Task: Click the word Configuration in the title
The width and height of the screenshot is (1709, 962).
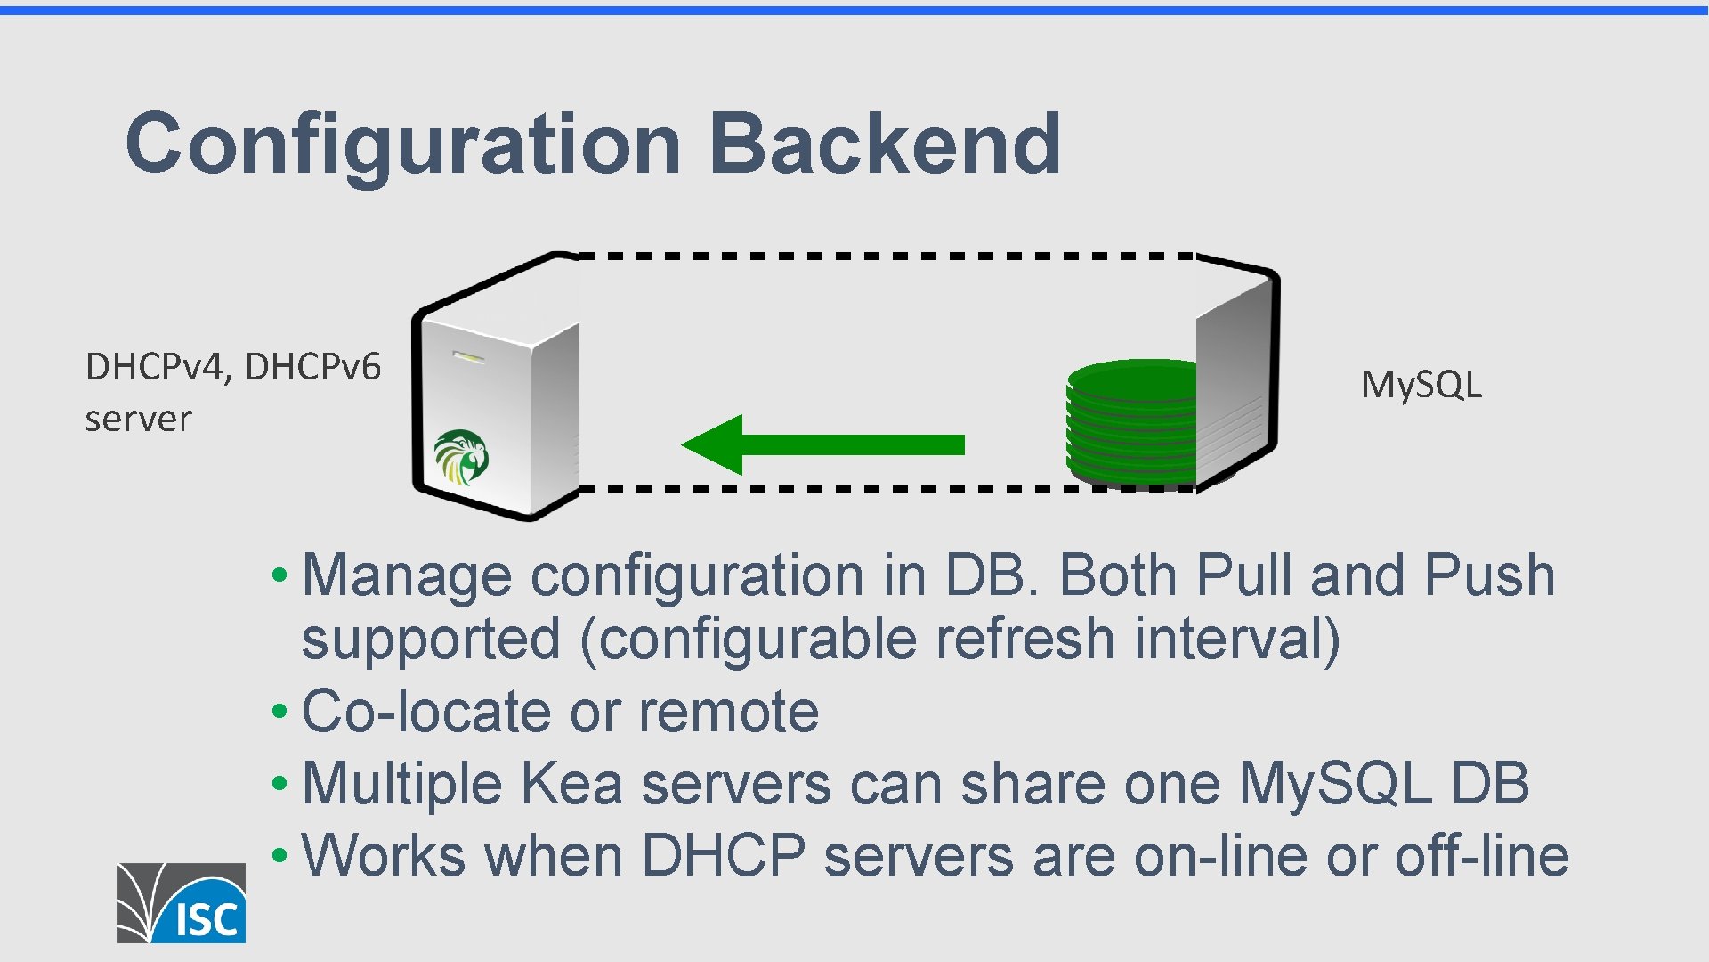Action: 403,144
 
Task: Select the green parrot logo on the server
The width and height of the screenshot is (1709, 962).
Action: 461,456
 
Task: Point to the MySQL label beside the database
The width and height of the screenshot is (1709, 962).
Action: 1421,385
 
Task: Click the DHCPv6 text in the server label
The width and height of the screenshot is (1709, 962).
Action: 312,367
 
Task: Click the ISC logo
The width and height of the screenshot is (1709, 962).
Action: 182,902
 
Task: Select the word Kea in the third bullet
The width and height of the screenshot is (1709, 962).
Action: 571,784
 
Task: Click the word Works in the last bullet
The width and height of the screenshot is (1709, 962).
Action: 384,856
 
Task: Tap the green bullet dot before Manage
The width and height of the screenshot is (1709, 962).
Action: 279,575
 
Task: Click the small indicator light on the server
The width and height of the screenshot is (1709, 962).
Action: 469,357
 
